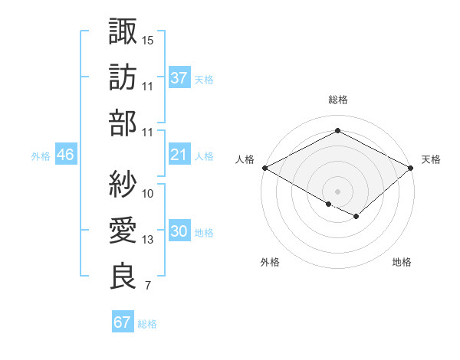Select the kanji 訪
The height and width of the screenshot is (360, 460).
click(x=123, y=78)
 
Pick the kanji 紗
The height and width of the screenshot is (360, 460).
click(x=123, y=185)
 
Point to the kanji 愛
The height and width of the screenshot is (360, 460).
click(x=123, y=231)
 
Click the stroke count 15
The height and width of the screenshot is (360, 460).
click(x=148, y=40)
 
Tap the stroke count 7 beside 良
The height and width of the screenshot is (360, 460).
click(x=148, y=286)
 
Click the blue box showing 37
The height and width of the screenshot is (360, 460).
click(x=179, y=78)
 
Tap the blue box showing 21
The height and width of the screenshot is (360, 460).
click(x=179, y=155)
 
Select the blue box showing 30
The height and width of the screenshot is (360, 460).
click(x=179, y=232)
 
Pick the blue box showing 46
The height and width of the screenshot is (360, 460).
click(x=65, y=155)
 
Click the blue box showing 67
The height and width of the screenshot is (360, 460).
click(x=122, y=322)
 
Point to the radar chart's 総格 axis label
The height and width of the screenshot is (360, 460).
click(x=337, y=100)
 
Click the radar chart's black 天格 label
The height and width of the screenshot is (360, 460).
click(x=431, y=159)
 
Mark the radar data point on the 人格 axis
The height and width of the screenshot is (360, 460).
click(x=264, y=167)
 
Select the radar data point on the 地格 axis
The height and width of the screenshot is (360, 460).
click(x=356, y=217)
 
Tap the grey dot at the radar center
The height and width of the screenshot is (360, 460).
click(x=337, y=190)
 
